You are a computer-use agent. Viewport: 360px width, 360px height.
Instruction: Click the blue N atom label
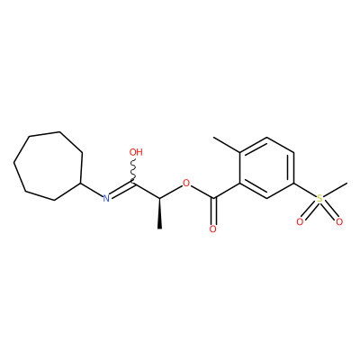point(105,198)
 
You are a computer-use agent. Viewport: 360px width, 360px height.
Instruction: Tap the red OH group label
point(136,152)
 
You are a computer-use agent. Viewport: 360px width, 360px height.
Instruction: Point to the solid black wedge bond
point(159,213)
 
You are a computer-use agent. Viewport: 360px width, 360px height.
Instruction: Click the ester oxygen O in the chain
point(186,183)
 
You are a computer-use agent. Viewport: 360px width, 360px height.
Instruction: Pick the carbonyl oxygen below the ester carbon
point(213,229)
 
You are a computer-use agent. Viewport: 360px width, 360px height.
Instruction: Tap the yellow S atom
point(319,198)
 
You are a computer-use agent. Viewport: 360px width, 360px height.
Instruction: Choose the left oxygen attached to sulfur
point(300,222)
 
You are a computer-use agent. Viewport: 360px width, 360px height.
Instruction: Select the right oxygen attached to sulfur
point(339,222)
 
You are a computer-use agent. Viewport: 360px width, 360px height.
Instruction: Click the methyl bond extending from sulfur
point(335,190)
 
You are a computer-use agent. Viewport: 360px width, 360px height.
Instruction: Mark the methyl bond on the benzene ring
point(227,145)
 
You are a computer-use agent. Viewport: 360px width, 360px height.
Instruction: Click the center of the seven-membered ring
point(48,166)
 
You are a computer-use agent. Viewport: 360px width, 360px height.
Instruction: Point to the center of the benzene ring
point(266,167)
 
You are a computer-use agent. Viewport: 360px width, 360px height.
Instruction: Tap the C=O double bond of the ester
point(213,211)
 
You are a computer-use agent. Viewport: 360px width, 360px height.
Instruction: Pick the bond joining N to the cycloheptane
point(91,190)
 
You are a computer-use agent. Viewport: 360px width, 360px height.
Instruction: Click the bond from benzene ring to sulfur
point(305,190)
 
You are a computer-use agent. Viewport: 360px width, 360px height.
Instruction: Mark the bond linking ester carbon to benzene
point(226,191)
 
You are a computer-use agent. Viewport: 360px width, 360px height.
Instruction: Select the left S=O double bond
point(309,211)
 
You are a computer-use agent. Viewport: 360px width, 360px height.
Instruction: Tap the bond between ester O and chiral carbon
point(171,192)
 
